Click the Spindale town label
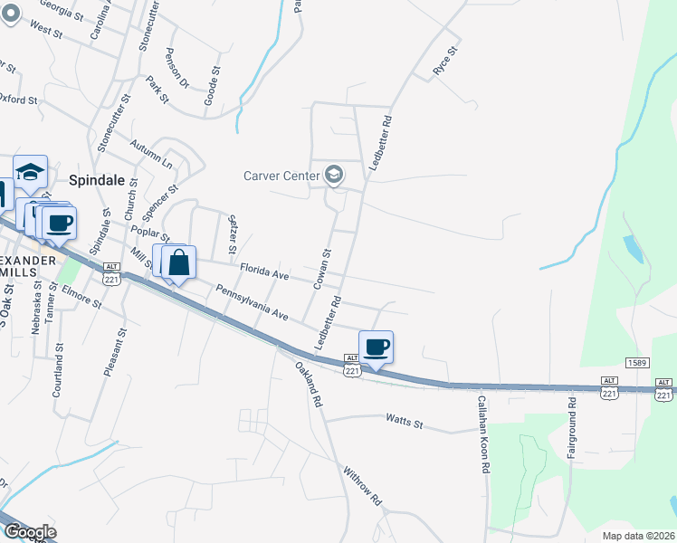coord(96,179)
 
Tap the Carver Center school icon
coord(334,174)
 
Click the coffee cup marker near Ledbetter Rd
coord(377,348)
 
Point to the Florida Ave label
coord(264,271)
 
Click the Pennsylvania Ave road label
coord(252,303)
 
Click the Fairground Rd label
coord(572,426)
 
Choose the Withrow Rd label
coord(363,486)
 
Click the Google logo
coord(29,532)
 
